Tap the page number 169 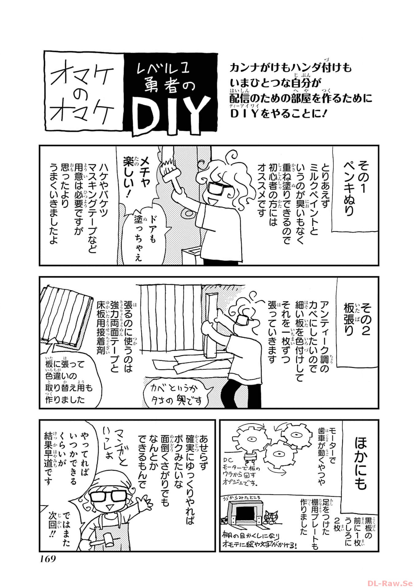48,559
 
